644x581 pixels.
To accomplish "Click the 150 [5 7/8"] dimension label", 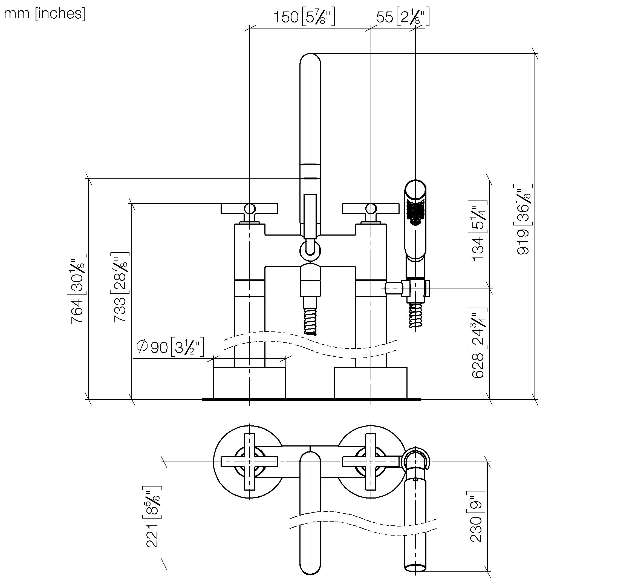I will [x=304, y=17].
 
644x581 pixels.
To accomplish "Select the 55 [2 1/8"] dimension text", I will [x=402, y=17].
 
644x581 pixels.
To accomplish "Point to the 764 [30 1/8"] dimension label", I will [x=77, y=288].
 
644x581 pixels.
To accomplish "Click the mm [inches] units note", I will [x=44, y=14].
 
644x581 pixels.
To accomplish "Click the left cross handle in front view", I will [x=249, y=209].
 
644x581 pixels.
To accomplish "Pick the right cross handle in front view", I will [x=371, y=209].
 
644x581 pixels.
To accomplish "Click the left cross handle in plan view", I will [x=249, y=462].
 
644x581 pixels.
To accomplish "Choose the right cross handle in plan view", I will [x=371, y=462].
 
